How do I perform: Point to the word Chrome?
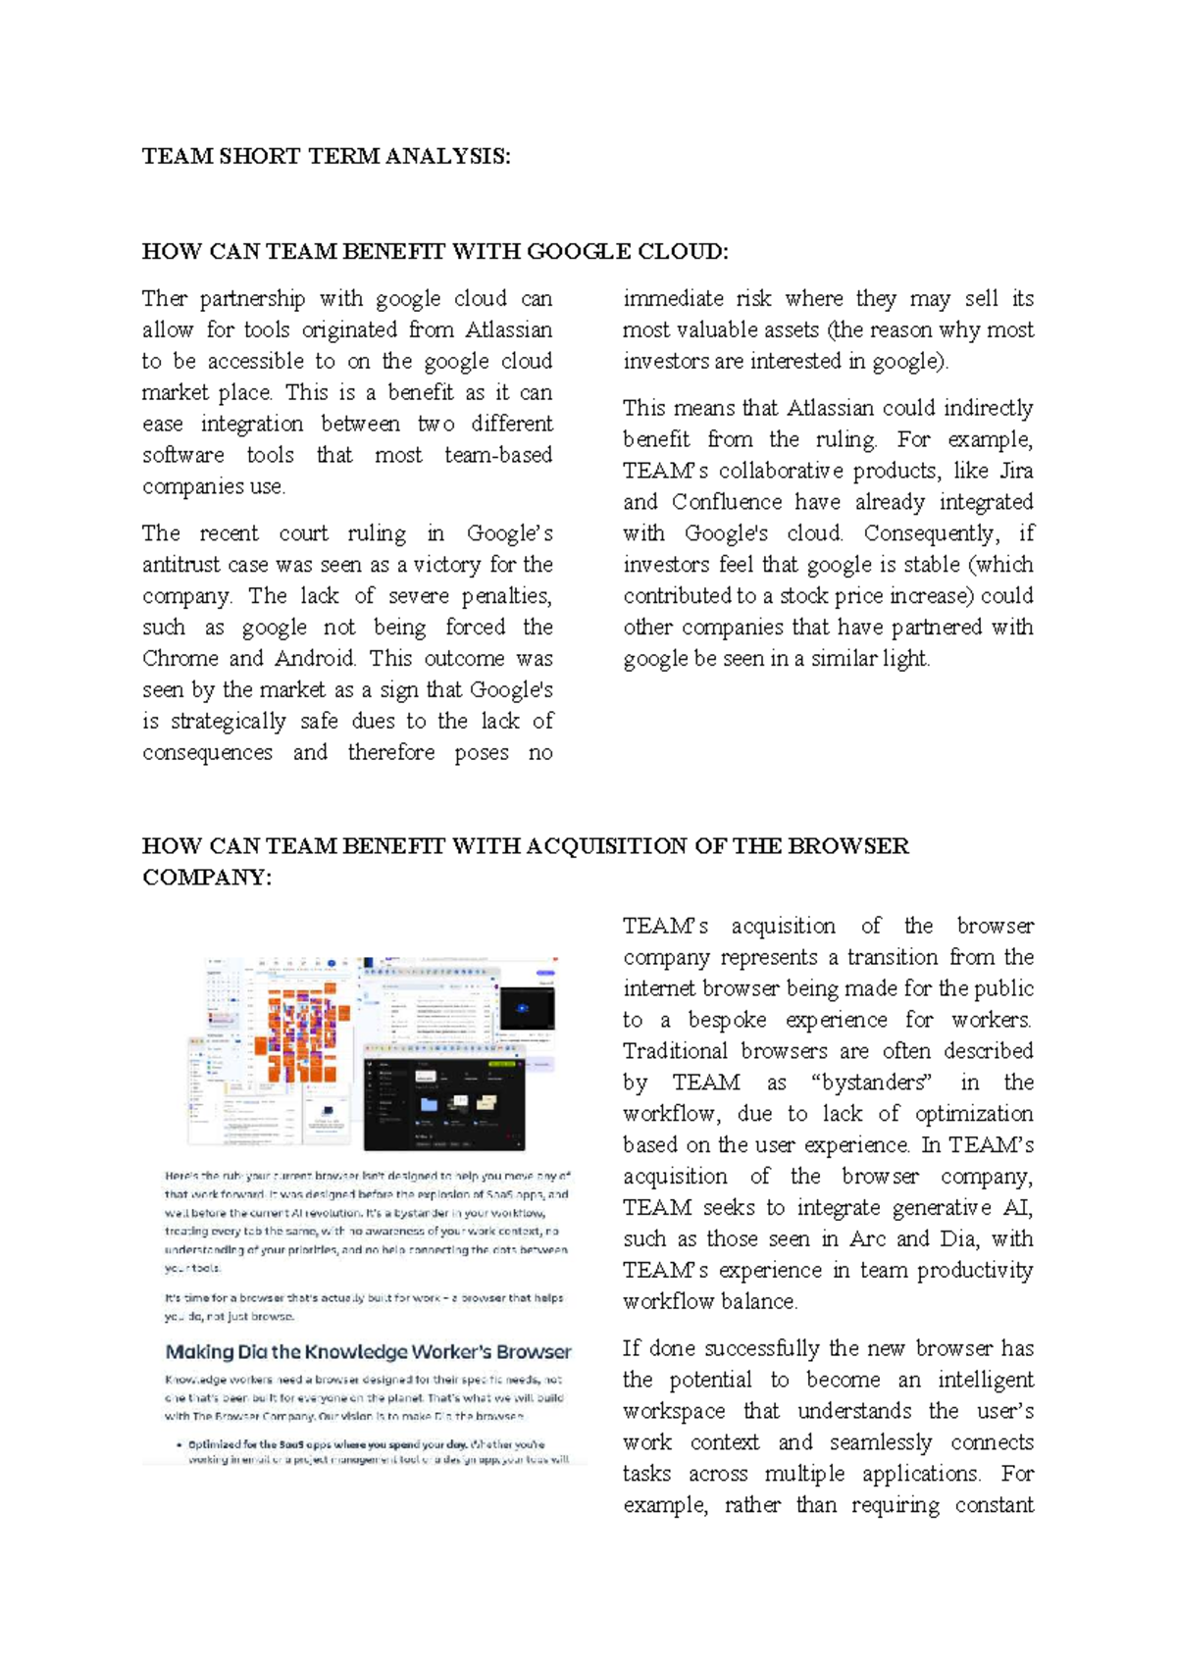(x=180, y=659)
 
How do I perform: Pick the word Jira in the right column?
(x=1015, y=471)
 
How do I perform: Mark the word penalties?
(x=506, y=596)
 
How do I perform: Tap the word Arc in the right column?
(x=867, y=1239)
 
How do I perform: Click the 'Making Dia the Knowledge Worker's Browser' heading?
(x=368, y=1352)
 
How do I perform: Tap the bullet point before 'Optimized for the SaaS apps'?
(x=179, y=1444)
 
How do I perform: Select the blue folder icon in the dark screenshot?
(x=429, y=1104)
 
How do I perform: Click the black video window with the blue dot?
(x=526, y=1008)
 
